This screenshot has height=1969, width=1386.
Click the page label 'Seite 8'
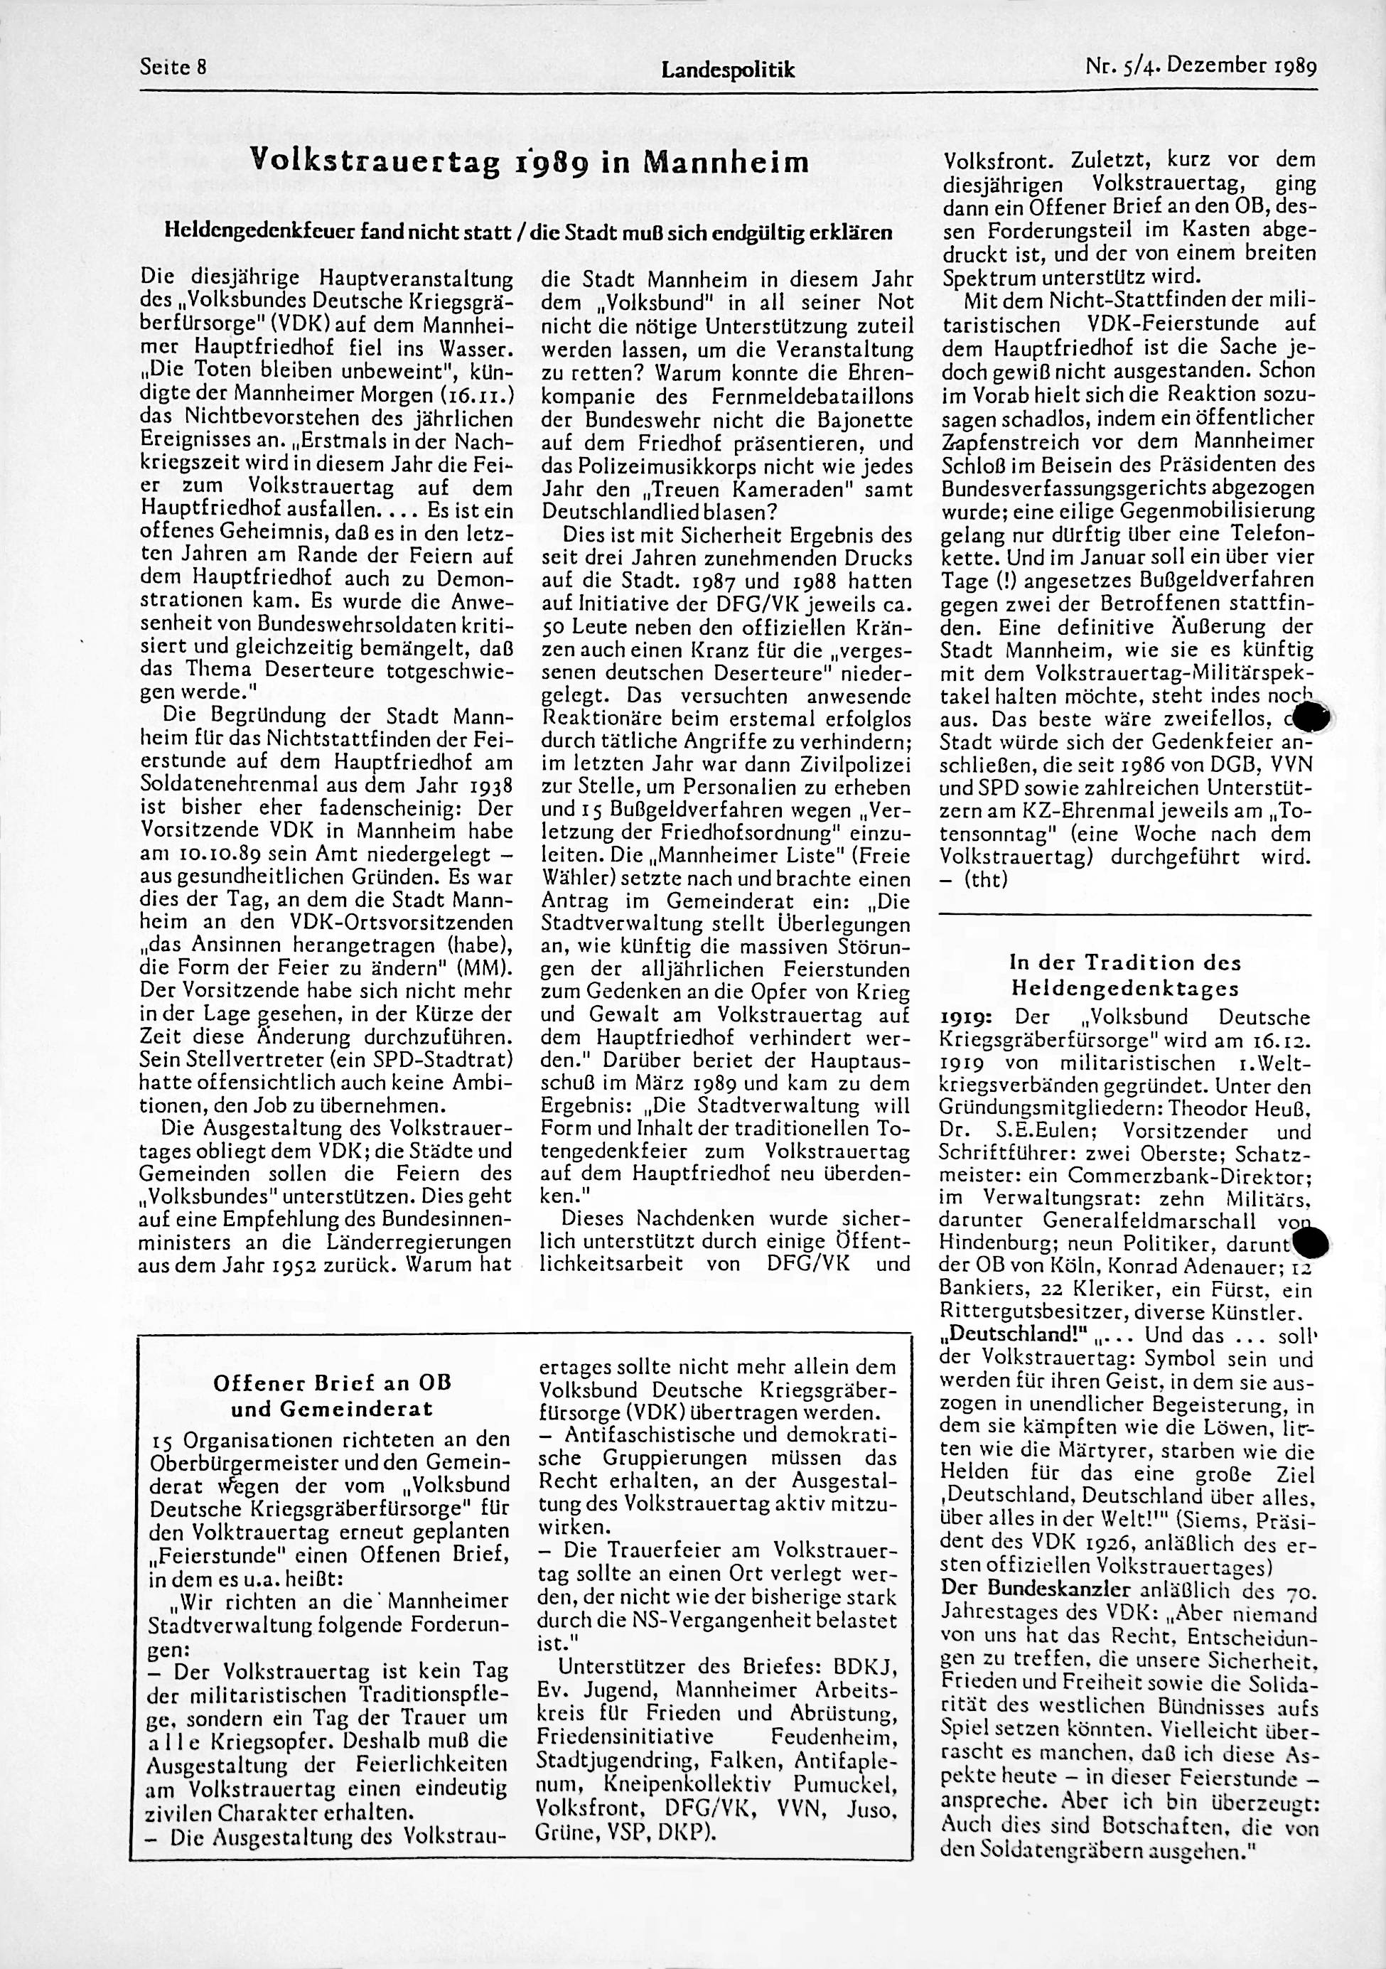(x=173, y=68)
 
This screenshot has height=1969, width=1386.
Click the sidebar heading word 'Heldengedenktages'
(x=1125, y=988)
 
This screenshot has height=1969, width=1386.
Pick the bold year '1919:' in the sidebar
(x=967, y=1017)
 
